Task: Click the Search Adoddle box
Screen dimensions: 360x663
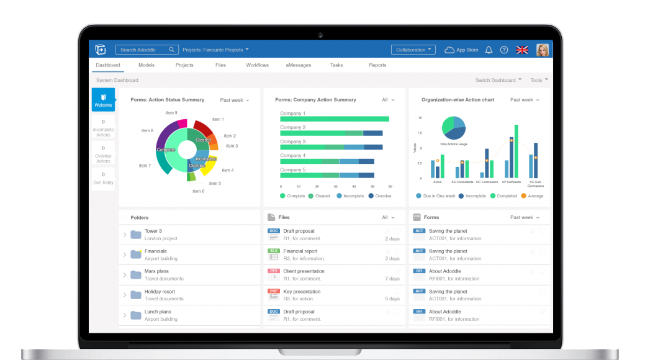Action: (147, 50)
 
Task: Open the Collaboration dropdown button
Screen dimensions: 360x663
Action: (413, 50)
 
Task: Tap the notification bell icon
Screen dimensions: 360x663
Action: (489, 50)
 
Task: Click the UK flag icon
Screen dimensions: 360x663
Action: (522, 50)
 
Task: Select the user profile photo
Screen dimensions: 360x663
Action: (543, 50)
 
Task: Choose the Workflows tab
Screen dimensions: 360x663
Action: (257, 65)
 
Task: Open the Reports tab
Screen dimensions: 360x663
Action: (377, 65)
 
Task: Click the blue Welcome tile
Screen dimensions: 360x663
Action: (103, 100)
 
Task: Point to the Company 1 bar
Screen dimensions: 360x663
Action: (335, 119)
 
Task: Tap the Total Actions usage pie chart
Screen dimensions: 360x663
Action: (454, 127)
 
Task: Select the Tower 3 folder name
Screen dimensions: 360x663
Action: (153, 231)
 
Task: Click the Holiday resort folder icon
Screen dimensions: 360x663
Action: (136, 295)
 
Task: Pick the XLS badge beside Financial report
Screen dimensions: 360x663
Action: (274, 251)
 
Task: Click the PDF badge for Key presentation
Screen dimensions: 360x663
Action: (274, 291)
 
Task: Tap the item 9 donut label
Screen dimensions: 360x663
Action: (171, 113)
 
